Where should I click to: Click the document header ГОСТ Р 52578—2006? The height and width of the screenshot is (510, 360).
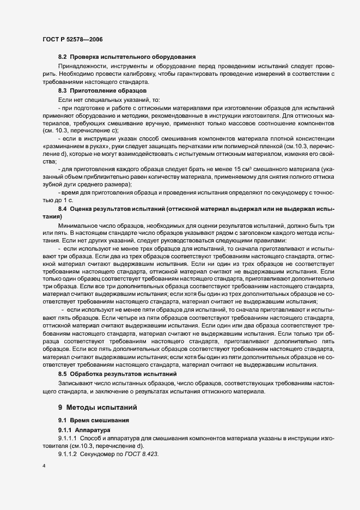pyautogui.click(x=72, y=40)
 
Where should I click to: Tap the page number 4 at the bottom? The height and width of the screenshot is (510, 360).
pyautogui.click(x=44, y=466)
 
